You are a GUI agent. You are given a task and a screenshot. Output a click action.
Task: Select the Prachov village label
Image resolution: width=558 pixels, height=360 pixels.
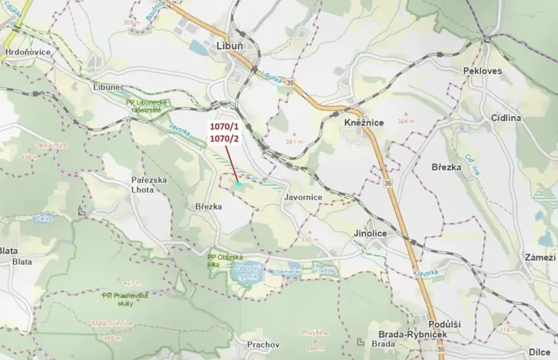262,345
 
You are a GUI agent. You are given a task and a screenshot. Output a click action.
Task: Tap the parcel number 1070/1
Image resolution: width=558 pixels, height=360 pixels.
225,124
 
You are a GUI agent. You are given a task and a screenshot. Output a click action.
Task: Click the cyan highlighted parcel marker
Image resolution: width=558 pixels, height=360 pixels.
239,184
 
